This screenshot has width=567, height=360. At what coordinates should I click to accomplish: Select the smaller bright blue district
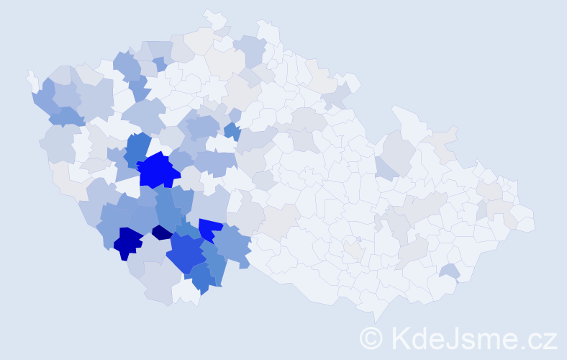[209, 229]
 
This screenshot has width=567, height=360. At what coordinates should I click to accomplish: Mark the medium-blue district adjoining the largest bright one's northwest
[137, 148]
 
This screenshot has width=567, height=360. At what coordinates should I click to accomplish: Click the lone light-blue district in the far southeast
[450, 271]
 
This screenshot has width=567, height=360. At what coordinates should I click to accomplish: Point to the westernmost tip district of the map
[31, 78]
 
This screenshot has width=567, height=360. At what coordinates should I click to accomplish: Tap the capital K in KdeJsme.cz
[399, 338]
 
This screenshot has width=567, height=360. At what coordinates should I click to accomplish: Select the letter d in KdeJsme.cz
[419, 338]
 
